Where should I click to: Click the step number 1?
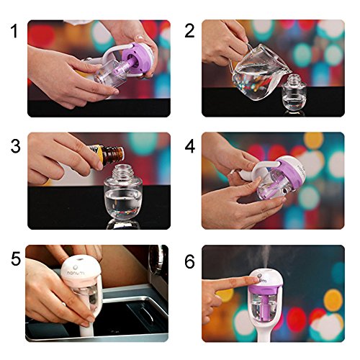pyautogui.click(x=14, y=31)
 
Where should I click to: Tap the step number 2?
pyautogui.click(x=189, y=31)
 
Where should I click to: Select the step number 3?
pyautogui.click(x=16, y=146)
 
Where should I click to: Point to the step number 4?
pyautogui.click(x=190, y=146)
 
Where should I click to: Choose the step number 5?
pyautogui.click(x=16, y=258)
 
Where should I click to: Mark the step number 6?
pyautogui.click(x=189, y=261)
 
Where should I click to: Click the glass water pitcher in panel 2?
pyautogui.click(x=259, y=71)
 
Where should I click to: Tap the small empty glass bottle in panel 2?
pyautogui.click(x=294, y=94)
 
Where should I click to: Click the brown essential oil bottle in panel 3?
pyautogui.click(x=109, y=154)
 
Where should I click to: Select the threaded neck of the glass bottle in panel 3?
pyautogui.click(x=122, y=171)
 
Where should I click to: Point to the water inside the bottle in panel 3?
pyautogui.click(x=123, y=204)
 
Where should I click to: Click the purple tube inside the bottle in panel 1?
pyautogui.click(x=122, y=69)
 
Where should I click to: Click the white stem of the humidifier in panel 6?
pyautogui.click(x=266, y=330)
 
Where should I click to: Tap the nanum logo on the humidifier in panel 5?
pyautogui.click(x=76, y=273)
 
